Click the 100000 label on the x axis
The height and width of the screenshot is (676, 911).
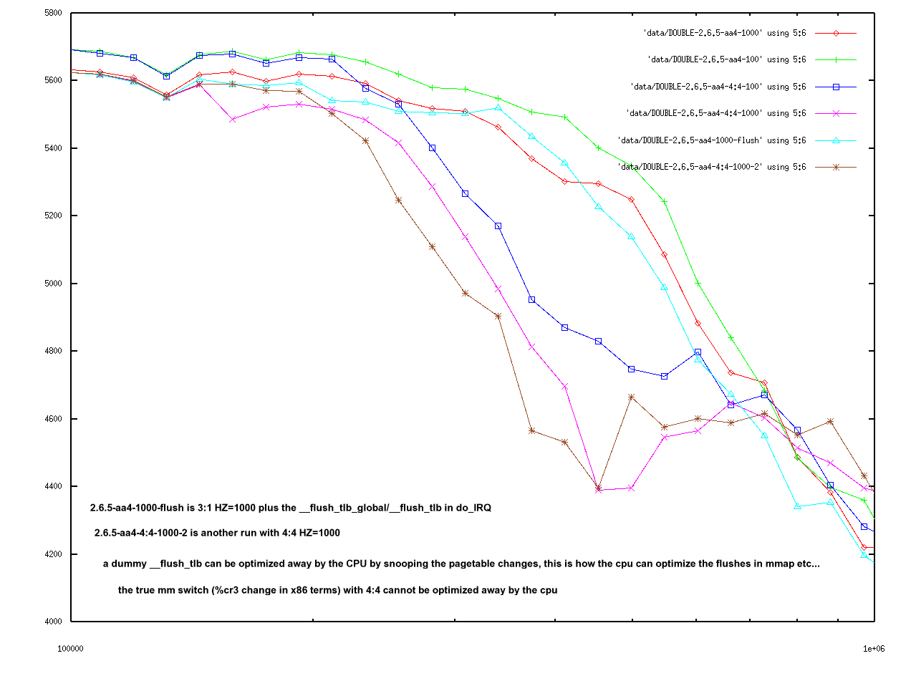coord(70,649)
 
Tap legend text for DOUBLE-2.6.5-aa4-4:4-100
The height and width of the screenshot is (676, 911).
coord(718,87)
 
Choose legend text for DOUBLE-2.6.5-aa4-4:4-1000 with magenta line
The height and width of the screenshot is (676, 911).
coord(716,113)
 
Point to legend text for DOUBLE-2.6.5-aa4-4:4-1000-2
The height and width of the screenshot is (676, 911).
coord(712,167)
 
